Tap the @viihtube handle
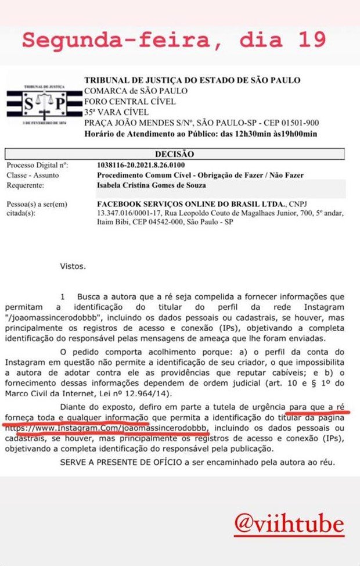[289, 525]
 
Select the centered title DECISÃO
[175, 155]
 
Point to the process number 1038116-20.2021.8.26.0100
[146, 165]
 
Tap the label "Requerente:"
[26, 185]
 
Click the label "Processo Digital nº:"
[35, 165]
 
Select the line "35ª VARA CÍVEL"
[117, 112]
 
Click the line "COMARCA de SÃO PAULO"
[136, 91]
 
